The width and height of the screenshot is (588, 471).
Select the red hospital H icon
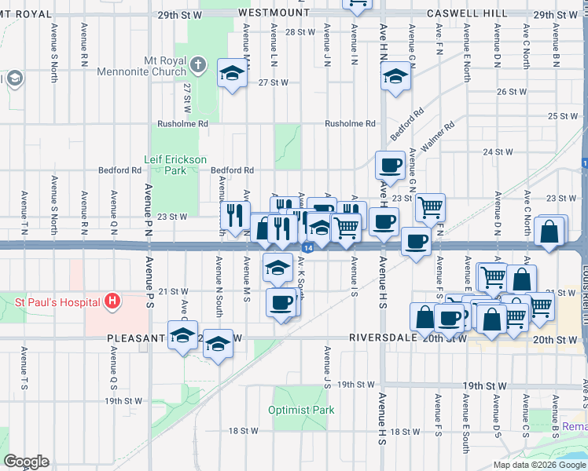click(113, 301)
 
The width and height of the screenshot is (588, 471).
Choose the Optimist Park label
click(301, 410)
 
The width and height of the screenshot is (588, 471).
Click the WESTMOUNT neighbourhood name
click(274, 14)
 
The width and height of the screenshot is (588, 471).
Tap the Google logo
click(26, 462)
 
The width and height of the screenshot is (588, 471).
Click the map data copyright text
click(540, 465)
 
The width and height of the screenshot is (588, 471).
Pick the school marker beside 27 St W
click(232, 73)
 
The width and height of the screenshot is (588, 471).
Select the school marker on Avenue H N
click(395, 76)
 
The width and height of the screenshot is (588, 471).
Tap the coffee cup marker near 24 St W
click(390, 165)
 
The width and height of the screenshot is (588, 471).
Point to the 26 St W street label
click(510, 92)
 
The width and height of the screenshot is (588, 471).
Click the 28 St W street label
click(300, 32)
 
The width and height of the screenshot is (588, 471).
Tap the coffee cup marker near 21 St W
click(281, 302)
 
